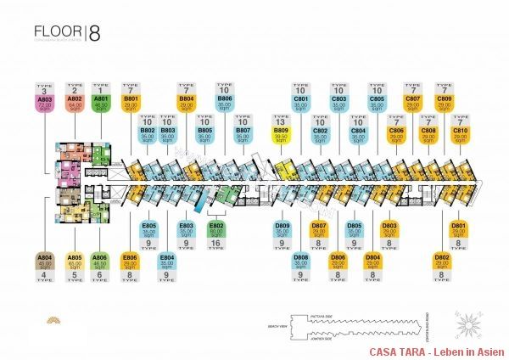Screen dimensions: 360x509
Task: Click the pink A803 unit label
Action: click(x=46, y=104)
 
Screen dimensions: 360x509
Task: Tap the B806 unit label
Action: click(x=225, y=104)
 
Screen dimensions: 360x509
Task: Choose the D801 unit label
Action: click(x=459, y=231)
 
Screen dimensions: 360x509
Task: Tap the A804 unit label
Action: click(x=46, y=260)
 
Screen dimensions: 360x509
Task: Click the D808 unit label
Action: click(x=300, y=261)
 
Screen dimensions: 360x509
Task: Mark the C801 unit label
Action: click(x=300, y=104)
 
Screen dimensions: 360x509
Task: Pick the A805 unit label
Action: click(x=74, y=261)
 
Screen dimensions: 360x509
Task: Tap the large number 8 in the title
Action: click(x=94, y=34)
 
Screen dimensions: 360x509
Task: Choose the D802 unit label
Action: click(x=442, y=261)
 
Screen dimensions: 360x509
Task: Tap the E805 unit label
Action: click(x=148, y=231)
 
